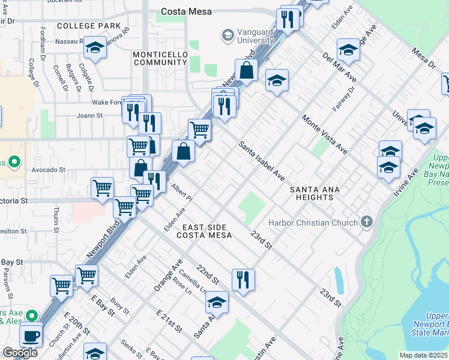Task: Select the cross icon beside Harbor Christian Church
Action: point(366,223)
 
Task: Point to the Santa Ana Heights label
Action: point(315,194)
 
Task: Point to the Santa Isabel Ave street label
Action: point(262,161)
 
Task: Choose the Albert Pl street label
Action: point(181,193)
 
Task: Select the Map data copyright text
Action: point(423,355)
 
